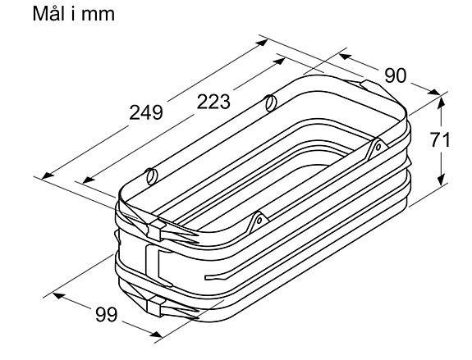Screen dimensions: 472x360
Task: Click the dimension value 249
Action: tap(146, 112)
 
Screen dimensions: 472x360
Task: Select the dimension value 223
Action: tap(213, 102)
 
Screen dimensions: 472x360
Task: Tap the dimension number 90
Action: tap(395, 75)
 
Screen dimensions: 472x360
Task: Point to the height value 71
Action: tap(440, 139)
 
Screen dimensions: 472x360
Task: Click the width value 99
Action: tap(107, 315)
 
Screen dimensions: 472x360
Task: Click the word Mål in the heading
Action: tap(49, 13)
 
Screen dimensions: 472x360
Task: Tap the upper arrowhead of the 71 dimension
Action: tap(441, 103)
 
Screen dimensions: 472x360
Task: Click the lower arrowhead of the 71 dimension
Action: tap(441, 180)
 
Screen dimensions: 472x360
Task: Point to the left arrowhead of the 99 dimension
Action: tap(59, 295)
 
